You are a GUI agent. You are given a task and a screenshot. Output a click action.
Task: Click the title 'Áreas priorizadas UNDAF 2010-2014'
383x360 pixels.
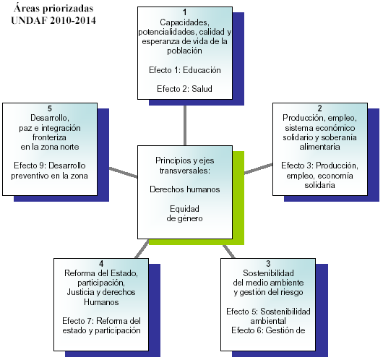coord(53,14)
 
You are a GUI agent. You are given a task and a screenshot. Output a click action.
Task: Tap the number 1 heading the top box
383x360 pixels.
coord(185,12)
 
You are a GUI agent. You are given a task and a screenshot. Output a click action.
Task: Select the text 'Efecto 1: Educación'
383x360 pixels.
coord(185,70)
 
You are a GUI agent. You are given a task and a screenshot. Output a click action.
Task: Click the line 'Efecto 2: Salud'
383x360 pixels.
coord(185,89)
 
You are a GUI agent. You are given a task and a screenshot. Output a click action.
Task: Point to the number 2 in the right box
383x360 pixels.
coord(319,108)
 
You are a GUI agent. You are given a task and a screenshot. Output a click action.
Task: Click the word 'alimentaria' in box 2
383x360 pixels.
coord(319,147)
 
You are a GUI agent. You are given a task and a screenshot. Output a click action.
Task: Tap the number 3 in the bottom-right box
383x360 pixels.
coord(268,264)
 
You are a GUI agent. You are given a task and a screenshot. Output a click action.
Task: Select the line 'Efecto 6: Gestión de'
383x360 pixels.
coord(268,330)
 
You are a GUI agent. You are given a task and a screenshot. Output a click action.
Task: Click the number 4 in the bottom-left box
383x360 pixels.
coord(101,264)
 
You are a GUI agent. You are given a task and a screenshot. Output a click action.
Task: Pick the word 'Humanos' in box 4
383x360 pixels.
coord(101,302)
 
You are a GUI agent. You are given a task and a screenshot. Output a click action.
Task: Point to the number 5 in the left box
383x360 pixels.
coord(50,108)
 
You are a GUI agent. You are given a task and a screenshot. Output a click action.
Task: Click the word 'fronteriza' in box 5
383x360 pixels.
coord(49,137)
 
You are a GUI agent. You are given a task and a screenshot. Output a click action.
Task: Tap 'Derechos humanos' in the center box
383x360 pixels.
coord(185,189)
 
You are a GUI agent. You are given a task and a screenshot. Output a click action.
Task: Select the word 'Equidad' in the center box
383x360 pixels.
coord(185,209)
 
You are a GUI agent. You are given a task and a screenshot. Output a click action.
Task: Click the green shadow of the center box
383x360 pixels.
coord(238,198)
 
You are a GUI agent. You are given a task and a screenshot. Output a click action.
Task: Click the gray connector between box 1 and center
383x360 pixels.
coord(185,126)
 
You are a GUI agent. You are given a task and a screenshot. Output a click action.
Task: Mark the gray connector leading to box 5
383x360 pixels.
coord(123,173)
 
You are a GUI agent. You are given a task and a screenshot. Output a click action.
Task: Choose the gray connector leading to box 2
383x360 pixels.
coord(259,168)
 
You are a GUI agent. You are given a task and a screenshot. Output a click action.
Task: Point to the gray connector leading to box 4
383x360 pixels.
coord(142,249)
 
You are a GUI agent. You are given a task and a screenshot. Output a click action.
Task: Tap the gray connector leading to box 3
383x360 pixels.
coord(229,252)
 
